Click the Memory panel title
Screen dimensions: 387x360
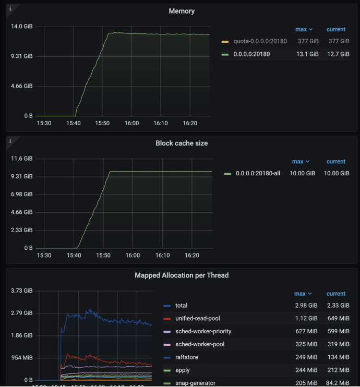tap(182, 11)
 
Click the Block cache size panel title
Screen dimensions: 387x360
tap(182, 143)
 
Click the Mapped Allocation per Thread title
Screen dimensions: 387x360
tap(182, 275)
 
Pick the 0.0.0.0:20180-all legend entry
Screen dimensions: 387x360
tap(258, 173)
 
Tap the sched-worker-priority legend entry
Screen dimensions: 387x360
tap(203, 331)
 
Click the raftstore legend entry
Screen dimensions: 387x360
tap(187, 357)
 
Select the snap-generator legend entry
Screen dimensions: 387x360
tap(196, 383)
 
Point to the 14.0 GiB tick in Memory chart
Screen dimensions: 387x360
tap(22, 27)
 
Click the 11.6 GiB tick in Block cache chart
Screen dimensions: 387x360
tap(22, 159)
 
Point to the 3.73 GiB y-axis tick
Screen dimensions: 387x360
tap(22, 291)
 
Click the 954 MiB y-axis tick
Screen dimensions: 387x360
tap(22, 358)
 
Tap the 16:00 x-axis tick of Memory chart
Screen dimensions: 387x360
tap(131, 124)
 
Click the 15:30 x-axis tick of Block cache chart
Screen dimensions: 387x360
tap(44, 256)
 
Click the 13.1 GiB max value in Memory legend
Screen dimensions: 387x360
tap(307, 54)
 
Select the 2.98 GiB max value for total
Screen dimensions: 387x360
tap(307, 306)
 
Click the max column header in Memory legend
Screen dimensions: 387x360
tap(303, 30)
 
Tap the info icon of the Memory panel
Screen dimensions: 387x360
tap(10, 8)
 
